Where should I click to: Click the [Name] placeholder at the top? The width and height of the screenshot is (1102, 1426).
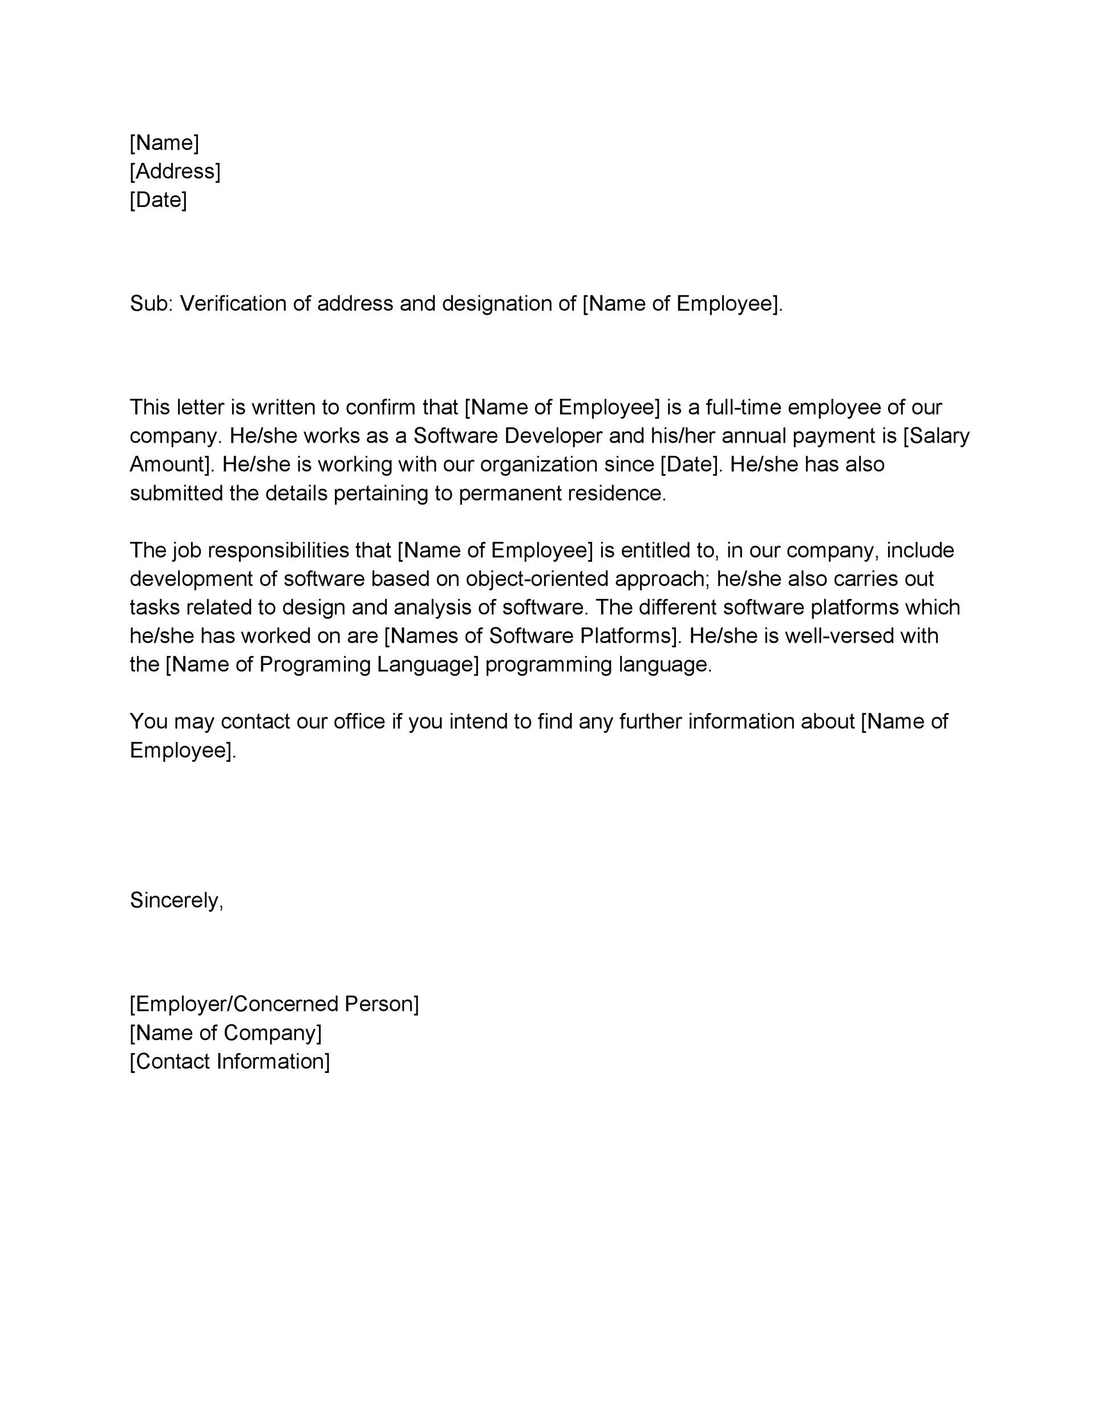click(x=164, y=143)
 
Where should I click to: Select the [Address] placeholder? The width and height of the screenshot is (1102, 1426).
click(x=175, y=171)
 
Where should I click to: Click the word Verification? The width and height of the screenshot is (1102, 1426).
click(x=232, y=303)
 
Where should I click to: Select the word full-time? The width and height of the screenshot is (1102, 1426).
click(x=743, y=407)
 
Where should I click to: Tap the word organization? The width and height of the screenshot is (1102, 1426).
click(x=548, y=464)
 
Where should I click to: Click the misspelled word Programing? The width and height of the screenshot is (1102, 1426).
click(x=316, y=665)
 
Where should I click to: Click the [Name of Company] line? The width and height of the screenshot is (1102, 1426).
click(x=226, y=1033)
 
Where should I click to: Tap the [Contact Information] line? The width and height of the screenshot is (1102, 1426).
click(x=230, y=1062)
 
